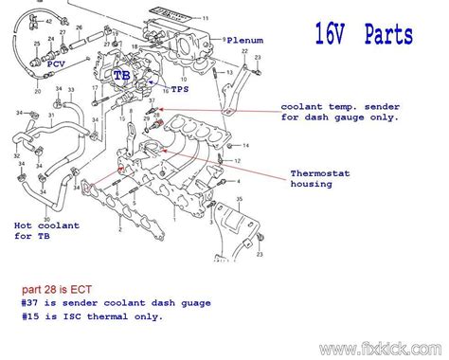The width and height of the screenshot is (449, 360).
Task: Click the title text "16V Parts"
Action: pyautogui.click(x=364, y=36)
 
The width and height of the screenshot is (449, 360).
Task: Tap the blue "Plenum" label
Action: pyautogui.click(x=244, y=42)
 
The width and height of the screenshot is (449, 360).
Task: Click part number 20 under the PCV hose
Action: pyautogui.click(x=38, y=92)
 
